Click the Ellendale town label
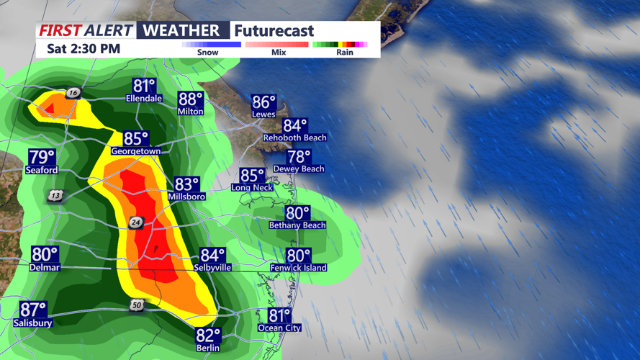(143, 98)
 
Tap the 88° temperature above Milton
(191, 99)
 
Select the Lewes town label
(263, 114)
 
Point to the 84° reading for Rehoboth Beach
(295, 126)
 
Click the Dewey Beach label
(299, 168)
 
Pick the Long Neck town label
(252, 187)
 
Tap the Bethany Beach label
(297, 225)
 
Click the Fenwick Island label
(298, 268)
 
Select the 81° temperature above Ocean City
(279, 315)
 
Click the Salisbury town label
(32, 323)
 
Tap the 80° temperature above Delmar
(45, 254)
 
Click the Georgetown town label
(135, 151)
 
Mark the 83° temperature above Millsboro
(186, 185)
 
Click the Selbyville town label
(212, 267)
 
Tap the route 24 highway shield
(136, 223)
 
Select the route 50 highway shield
(137, 306)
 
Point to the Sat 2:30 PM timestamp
(84, 50)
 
